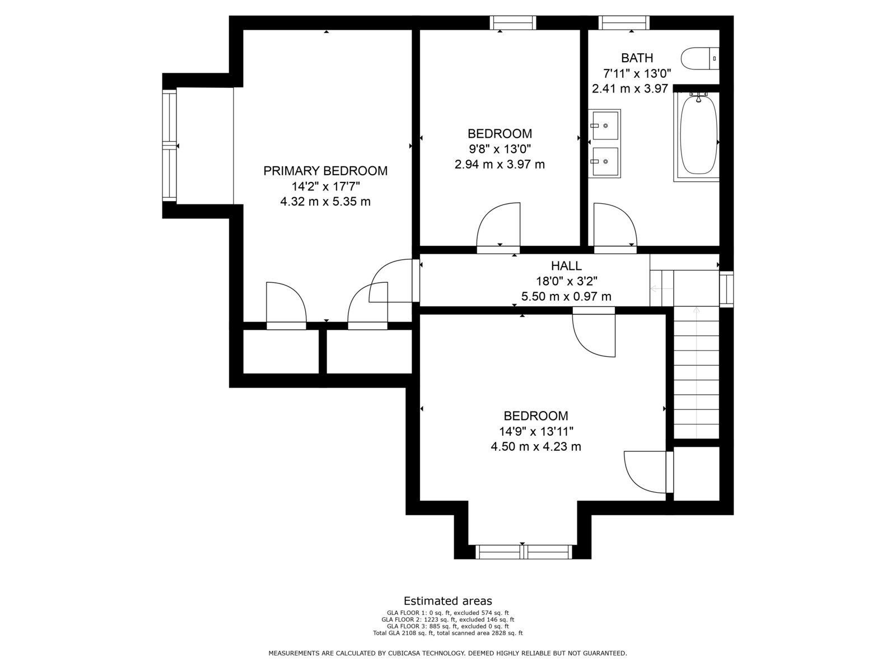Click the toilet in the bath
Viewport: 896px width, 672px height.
(699, 58)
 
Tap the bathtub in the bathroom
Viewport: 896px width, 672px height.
(698, 137)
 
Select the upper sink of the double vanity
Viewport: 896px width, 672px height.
(605, 125)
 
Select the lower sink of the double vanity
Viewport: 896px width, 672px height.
(605, 162)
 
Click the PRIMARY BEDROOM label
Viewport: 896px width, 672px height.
(325, 171)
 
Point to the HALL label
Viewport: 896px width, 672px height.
(566, 266)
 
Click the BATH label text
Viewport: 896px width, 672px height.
(637, 58)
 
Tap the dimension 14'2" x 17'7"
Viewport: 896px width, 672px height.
(325, 186)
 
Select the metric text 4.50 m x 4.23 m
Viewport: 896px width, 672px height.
(535, 447)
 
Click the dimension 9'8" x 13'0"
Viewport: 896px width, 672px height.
(500, 149)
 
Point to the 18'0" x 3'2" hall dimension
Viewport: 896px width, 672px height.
(566, 281)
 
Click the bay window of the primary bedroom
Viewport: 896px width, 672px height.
(170, 146)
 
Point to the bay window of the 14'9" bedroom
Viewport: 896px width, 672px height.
(524, 552)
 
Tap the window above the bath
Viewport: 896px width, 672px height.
(624, 22)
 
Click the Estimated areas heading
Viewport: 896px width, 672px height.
(448, 601)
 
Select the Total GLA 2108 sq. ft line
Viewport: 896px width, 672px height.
(448, 633)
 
